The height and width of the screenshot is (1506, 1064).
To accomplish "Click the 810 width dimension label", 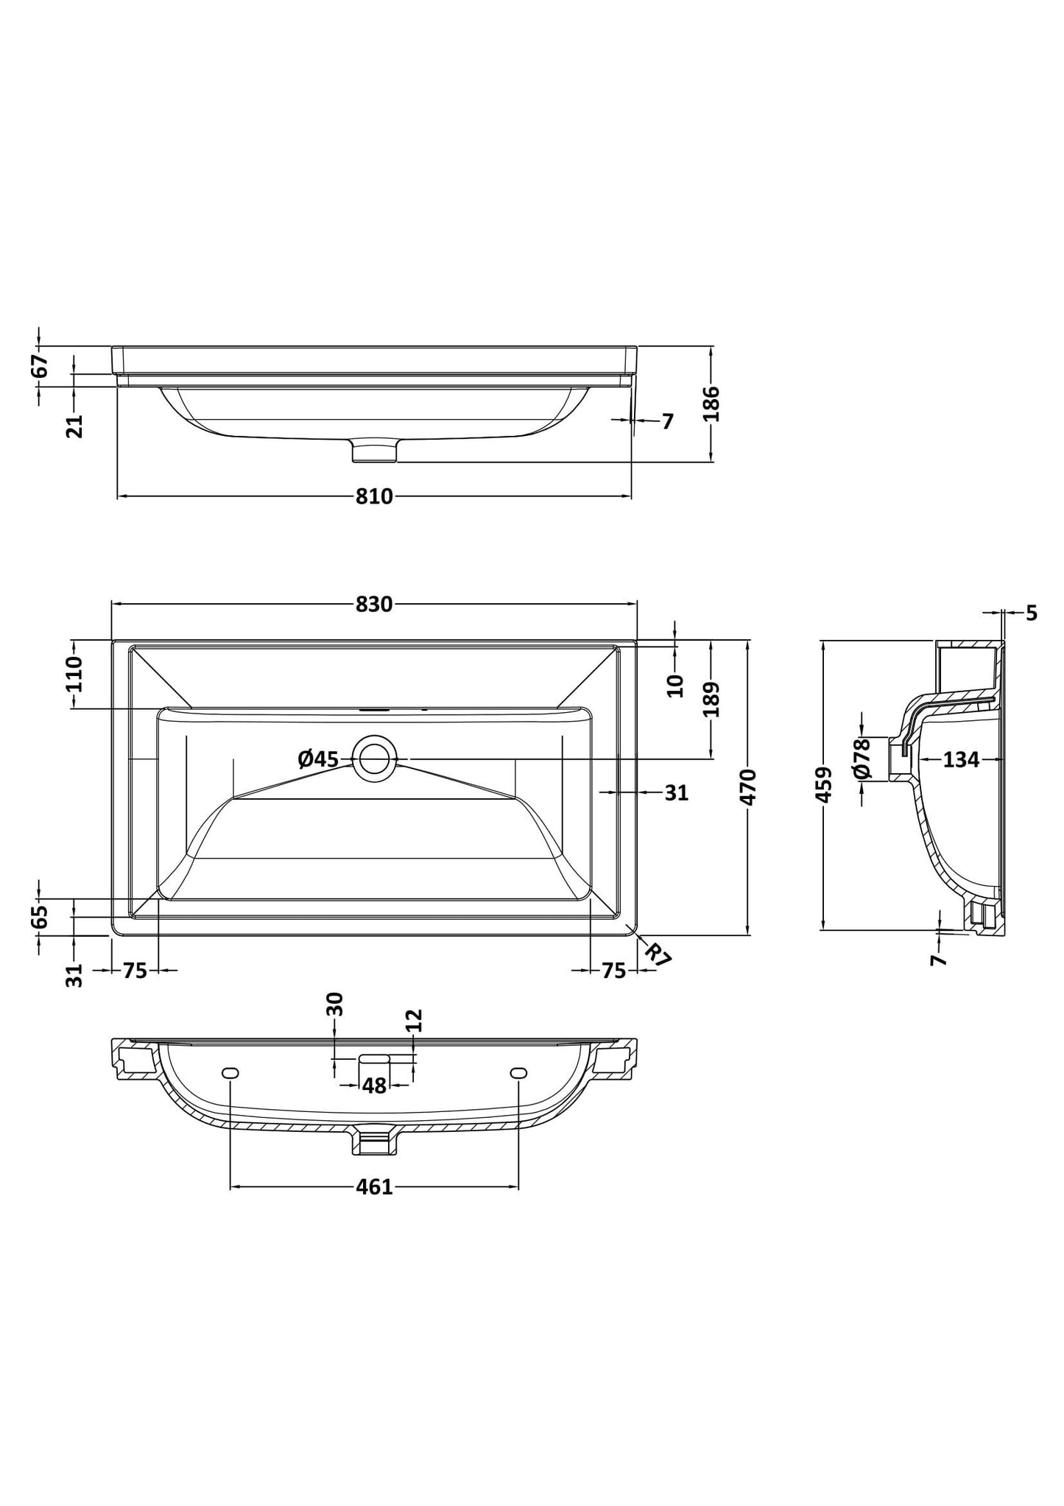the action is point(374,497).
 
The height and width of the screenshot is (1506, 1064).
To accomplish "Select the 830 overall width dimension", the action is point(374,605).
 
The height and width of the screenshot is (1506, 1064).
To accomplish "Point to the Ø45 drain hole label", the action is point(318,759).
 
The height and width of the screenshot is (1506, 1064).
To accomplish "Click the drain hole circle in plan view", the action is point(375,758).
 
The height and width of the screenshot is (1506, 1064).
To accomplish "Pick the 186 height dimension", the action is point(711,404).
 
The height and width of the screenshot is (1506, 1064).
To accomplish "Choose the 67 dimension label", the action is point(40,366).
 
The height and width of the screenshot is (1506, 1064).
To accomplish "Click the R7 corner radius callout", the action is point(658,954).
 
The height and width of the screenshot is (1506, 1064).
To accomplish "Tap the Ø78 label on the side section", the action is point(862,759).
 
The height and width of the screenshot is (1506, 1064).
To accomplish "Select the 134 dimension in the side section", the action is point(961,759).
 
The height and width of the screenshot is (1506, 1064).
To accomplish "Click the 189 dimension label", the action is point(711,700).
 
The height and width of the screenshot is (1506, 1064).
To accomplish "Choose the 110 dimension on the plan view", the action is point(74,675).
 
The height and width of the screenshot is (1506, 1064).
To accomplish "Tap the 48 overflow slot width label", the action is point(374,1085).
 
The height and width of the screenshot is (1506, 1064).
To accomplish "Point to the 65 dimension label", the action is point(40,916).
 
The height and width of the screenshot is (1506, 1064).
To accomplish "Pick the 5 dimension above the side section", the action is point(1031,613).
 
